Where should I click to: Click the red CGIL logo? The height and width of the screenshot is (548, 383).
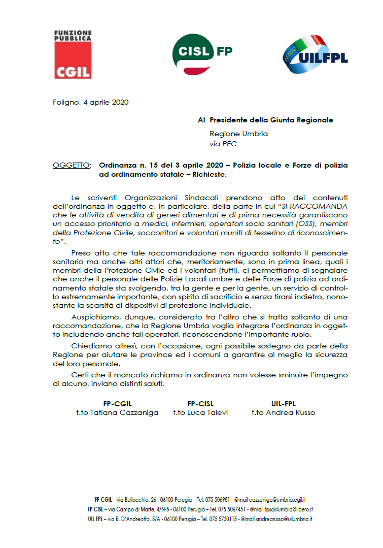(73, 54)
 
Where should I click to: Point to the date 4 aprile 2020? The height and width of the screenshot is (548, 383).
(103, 102)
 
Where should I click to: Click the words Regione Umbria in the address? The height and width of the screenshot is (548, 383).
(238, 134)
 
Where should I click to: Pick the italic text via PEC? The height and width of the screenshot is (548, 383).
(223, 144)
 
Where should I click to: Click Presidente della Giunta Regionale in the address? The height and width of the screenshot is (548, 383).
(271, 120)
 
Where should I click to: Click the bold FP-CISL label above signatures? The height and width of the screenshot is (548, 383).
(199, 403)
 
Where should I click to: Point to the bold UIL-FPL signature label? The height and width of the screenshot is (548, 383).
(283, 403)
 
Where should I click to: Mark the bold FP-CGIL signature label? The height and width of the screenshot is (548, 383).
(117, 403)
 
